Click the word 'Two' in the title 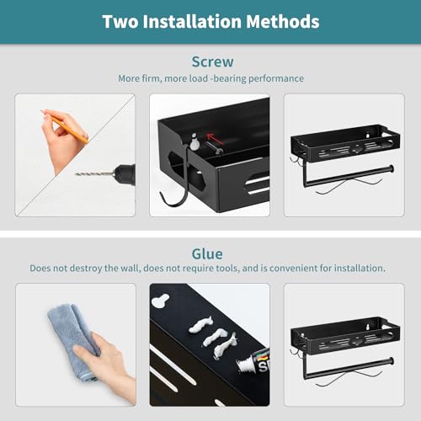[120, 22]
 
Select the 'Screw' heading [212, 61]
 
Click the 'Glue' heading [207, 254]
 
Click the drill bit [94, 174]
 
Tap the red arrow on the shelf [216, 139]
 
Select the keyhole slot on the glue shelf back [160, 301]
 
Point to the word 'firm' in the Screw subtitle [152, 78]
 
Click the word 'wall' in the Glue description [130, 269]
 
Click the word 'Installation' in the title [192, 22]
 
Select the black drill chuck [125, 174]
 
